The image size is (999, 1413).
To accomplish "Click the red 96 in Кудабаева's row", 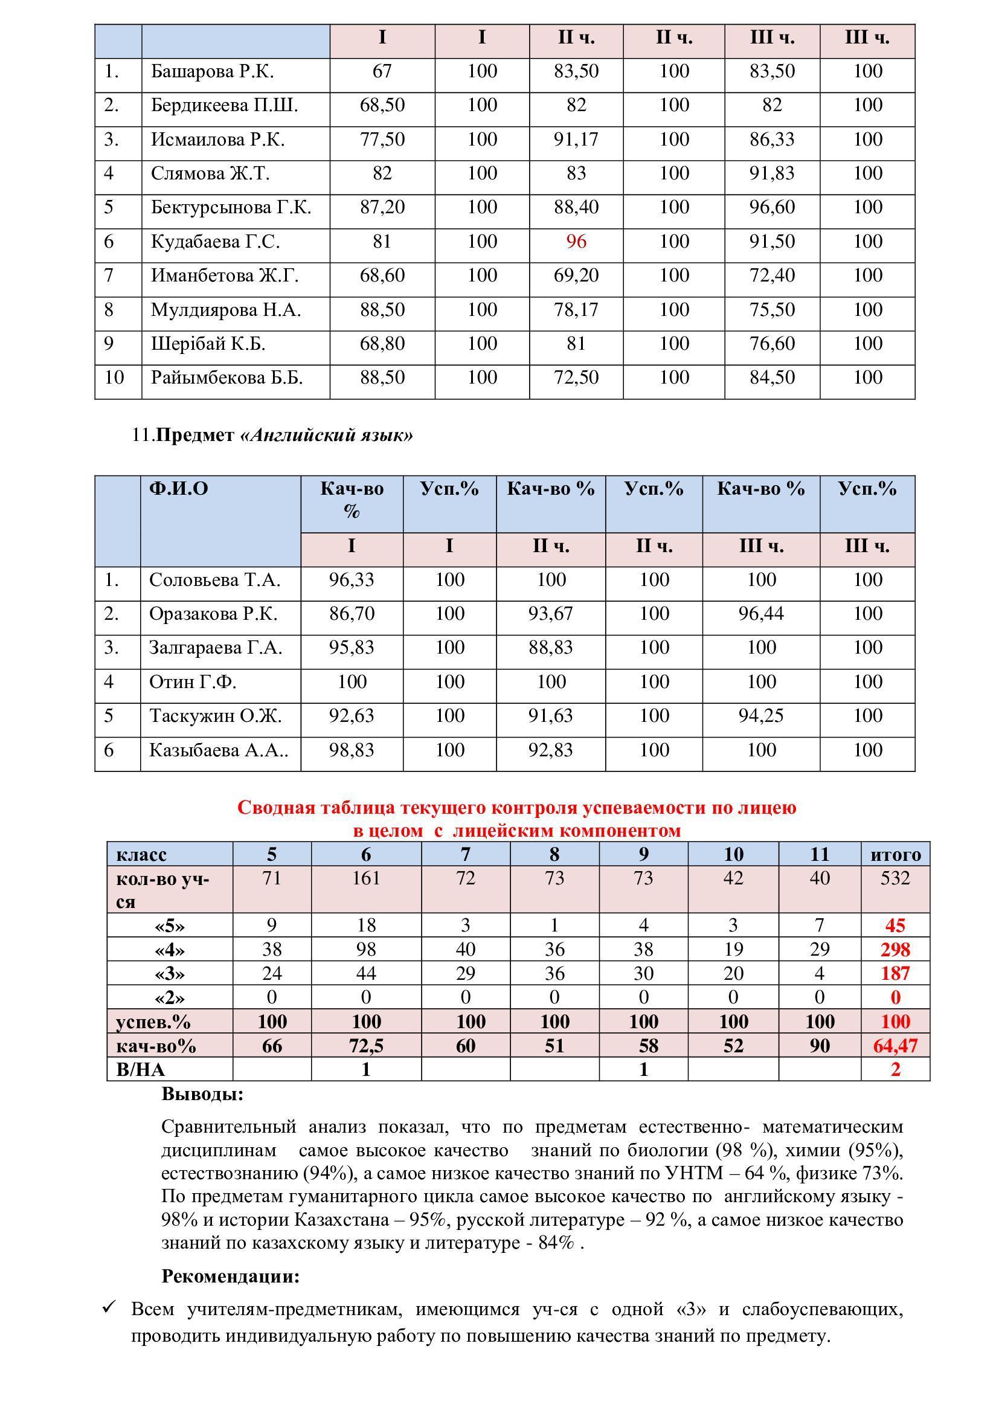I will pos(576,242).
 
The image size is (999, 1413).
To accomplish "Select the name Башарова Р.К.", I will pos(212,72).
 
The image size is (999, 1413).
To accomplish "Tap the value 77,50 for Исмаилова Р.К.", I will pos(382,140).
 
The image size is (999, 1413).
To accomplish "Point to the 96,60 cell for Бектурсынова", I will pos(771,207).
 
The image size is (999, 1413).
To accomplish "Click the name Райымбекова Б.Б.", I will pos(226,378).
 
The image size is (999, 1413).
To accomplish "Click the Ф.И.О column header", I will pos(178,489).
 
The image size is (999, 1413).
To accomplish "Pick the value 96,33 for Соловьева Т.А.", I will pos(352,581).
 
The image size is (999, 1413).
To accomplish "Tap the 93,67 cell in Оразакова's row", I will pos(550,614).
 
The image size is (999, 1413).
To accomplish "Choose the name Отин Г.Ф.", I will pos(193,683).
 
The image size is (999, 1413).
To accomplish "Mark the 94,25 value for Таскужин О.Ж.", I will pos(761,716).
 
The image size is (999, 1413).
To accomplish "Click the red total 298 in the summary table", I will pos(895,950).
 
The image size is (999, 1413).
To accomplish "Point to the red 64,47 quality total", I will pos(895,1046).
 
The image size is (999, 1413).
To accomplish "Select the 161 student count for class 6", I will pos(366,878).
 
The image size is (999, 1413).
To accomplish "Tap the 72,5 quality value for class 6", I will pos(366,1046).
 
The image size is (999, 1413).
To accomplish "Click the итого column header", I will pos(895,855).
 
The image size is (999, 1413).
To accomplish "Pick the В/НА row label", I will pos(140,1070).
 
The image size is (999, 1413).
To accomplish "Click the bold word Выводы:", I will pos(202,1094).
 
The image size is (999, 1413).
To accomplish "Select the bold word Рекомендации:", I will pos(230,1276).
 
